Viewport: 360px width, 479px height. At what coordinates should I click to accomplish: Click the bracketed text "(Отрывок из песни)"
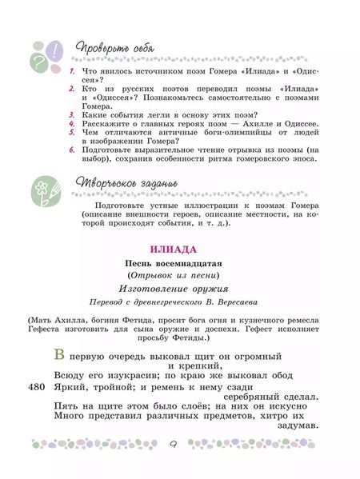point(178,275)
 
